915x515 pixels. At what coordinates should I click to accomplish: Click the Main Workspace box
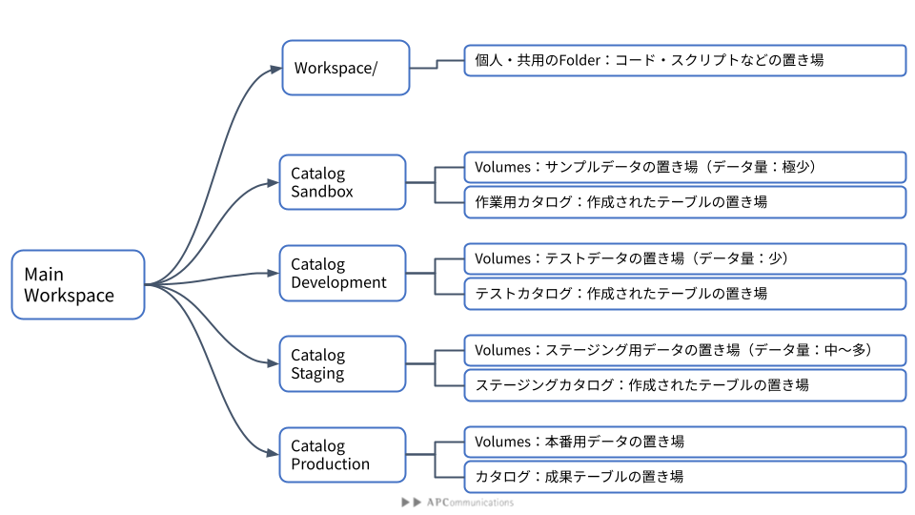click(78, 284)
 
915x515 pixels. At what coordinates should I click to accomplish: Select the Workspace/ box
click(345, 68)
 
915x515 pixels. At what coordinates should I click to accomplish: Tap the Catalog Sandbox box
click(342, 182)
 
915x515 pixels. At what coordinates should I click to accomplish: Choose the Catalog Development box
click(342, 274)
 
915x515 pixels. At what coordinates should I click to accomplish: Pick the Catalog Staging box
click(342, 363)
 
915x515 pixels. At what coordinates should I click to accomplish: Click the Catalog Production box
click(342, 455)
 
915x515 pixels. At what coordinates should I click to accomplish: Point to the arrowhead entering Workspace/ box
click(275, 70)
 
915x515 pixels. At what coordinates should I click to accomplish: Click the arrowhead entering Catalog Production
click(273, 453)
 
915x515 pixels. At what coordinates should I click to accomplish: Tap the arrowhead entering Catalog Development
click(273, 273)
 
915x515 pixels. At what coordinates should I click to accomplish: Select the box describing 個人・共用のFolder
click(685, 60)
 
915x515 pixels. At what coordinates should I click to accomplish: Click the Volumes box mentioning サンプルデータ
click(685, 168)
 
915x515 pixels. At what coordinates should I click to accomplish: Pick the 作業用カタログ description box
click(685, 202)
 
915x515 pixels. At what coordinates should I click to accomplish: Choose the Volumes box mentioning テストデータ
click(685, 258)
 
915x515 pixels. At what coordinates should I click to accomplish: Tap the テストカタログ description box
click(685, 294)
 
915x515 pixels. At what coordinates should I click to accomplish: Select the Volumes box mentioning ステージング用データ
click(685, 350)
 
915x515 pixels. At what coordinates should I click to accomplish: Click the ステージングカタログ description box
click(685, 385)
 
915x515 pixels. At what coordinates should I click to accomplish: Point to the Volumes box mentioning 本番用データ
click(685, 442)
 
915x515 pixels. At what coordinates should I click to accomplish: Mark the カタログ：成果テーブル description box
click(685, 477)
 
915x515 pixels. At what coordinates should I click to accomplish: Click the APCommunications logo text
click(470, 503)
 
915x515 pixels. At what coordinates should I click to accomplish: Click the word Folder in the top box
click(580, 60)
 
